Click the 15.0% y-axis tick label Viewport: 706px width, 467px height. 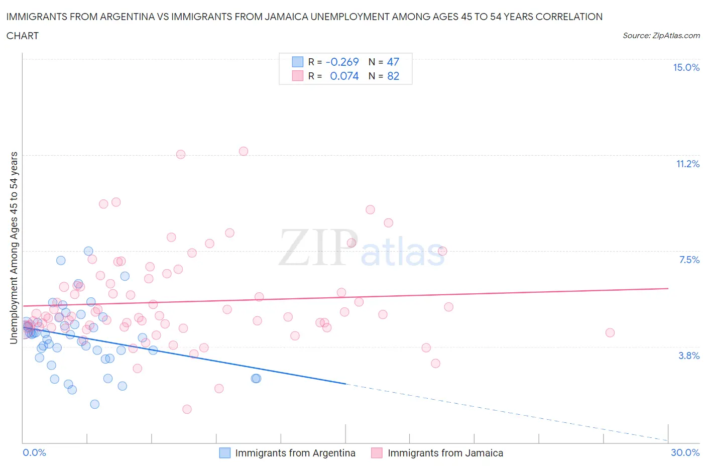pos(686,68)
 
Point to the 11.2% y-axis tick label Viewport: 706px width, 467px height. pos(687,164)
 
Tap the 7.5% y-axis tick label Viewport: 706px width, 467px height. pos(689,260)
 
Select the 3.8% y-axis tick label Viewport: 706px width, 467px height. pos(689,356)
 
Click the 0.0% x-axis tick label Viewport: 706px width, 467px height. pos(34,453)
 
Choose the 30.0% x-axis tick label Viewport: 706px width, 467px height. pos(685,453)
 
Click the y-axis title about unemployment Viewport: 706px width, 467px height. pos(14,248)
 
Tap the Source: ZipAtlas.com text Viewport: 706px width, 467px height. pos(661,36)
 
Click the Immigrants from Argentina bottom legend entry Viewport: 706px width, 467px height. pos(295,453)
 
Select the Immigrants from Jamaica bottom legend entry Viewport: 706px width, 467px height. pos(445,453)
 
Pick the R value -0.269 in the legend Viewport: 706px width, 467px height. pos(342,62)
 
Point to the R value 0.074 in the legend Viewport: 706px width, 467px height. pos(344,76)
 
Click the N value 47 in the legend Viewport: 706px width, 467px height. pos(393,62)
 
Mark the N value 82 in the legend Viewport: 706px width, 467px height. pos(393,76)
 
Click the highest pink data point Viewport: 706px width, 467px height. pos(244,151)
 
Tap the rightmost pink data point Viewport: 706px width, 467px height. pos(610,332)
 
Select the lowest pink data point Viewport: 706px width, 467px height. pos(187,409)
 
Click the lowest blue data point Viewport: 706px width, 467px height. pos(94,404)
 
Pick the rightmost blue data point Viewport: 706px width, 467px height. pos(257,378)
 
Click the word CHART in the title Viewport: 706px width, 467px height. pos(23,36)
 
